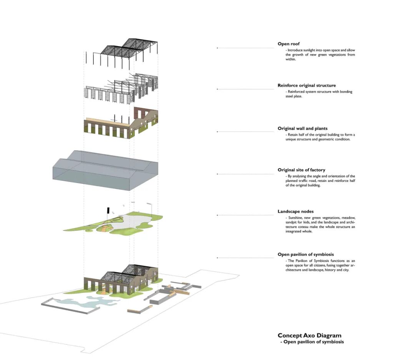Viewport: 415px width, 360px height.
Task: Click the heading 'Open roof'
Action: (x=289, y=44)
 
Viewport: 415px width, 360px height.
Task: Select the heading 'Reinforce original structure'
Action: (x=307, y=85)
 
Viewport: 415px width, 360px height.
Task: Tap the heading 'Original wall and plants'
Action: (x=302, y=128)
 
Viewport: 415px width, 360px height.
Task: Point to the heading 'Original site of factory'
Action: (x=301, y=170)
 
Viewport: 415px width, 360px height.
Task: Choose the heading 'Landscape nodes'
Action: (x=295, y=212)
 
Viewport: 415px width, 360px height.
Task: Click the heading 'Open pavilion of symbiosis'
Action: (x=305, y=254)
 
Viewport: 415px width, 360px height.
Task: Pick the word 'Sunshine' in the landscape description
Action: (x=294, y=218)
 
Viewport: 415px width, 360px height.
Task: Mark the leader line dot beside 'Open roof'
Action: (x=217, y=48)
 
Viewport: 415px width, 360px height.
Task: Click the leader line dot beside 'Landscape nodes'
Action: (x=217, y=215)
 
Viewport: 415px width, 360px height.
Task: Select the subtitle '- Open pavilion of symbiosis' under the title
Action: (x=312, y=342)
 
